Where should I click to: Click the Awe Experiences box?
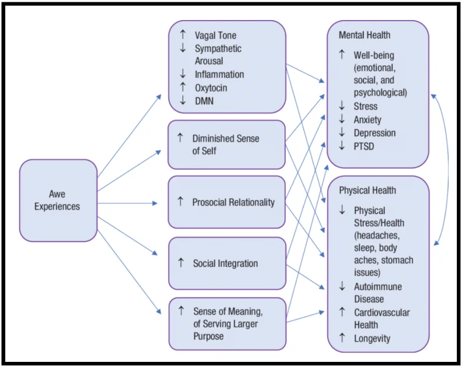(x=58, y=200)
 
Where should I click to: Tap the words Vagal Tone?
(x=215, y=35)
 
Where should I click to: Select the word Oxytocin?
(x=211, y=88)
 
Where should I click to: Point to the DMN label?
(x=204, y=101)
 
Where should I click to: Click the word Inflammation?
(x=219, y=74)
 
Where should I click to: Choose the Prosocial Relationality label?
(x=233, y=202)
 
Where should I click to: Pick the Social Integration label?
(x=225, y=263)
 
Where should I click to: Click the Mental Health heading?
(x=364, y=35)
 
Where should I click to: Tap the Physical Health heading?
(x=367, y=191)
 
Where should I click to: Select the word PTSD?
(x=365, y=146)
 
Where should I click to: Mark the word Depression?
(x=374, y=133)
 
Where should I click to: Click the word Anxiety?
(x=367, y=120)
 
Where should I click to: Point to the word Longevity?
(x=371, y=338)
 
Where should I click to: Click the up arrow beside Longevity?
(x=341, y=338)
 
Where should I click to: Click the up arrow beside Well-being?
(x=341, y=55)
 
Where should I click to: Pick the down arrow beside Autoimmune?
(x=341, y=286)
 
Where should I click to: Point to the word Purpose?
(x=209, y=337)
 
